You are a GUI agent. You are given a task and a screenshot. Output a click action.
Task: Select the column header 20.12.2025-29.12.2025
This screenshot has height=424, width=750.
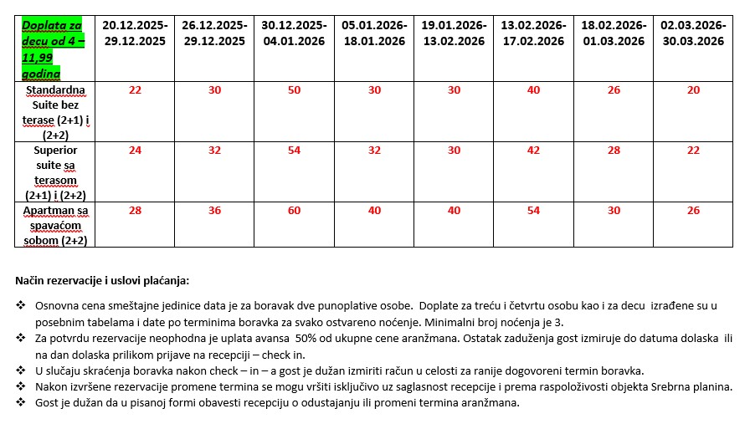pyautogui.click(x=135, y=33)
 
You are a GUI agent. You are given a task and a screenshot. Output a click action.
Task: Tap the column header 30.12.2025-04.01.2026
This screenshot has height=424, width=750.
pyautogui.click(x=294, y=33)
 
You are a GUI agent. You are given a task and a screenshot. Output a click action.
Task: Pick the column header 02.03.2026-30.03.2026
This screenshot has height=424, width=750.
pyautogui.click(x=692, y=33)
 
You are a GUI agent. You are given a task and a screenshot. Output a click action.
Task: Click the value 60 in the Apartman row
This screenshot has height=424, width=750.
pyautogui.click(x=294, y=211)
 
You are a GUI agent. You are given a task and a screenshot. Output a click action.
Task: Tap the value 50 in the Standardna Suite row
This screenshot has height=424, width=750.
pyautogui.click(x=294, y=90)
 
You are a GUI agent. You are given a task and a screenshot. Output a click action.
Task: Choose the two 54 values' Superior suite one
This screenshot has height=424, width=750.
pyautogui.click(x=294, y=151)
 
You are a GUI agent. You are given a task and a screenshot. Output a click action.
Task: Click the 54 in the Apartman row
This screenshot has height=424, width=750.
pyautogui.click(x=534, y=211)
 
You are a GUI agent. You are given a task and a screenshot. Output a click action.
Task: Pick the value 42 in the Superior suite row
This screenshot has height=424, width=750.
pyautogui.click(x=534, y=151)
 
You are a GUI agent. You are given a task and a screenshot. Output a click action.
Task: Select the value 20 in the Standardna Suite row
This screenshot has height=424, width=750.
pyautogui.click(x=692, y=90)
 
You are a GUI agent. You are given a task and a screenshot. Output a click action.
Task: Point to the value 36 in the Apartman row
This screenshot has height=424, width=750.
pyautogui.click(x=214, y=211)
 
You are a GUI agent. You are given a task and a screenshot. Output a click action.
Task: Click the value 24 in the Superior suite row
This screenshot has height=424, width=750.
pyautogui.click(x=135, y=151)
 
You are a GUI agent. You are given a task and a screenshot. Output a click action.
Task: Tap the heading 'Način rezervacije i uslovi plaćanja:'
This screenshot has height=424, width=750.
pyautogui.click(x=102, y=280)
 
